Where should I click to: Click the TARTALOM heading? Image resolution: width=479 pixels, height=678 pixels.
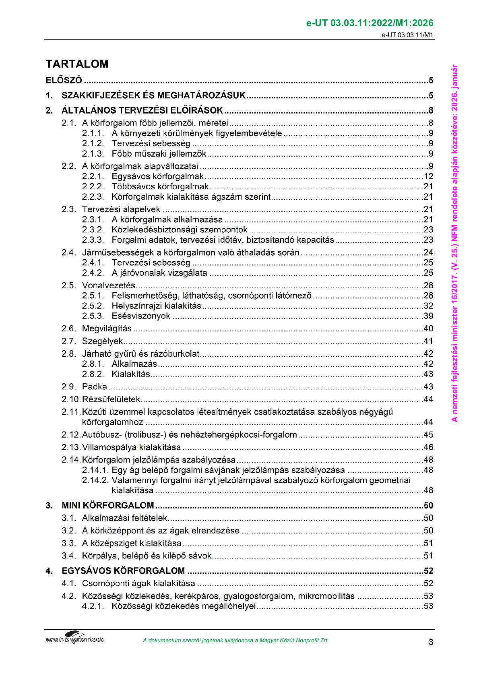(x=77, y=64)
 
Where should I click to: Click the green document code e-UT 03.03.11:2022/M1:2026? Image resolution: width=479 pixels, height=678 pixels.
(x=370, y=23)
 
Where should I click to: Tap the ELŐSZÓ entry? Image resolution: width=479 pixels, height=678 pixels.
(x=64, y=80)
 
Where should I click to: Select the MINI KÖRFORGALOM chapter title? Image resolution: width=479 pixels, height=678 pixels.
(x=108, y=505)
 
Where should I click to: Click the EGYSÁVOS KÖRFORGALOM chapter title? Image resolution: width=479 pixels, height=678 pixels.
(x=123, y=571)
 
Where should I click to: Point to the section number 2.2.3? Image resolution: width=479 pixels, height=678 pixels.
(x=93, y=197)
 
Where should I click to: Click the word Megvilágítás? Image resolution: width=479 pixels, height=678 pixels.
(x=107, y=329)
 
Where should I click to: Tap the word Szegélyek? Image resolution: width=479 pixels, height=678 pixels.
(x=102, y=341)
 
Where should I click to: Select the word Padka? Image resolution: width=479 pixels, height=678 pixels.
(x=95, y=387)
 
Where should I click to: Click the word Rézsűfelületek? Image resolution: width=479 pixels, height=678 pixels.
(x=111, y=399)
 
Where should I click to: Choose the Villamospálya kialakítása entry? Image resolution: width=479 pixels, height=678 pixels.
(x=131, y=447)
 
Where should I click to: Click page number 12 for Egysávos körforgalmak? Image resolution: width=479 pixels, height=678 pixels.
(x=428, y=176)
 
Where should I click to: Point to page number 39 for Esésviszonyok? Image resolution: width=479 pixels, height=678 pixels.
(x=428, y=316)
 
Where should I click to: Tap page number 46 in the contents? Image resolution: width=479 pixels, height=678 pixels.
(x=428, y=447)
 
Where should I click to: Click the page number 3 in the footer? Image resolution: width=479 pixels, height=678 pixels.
(x=431, y=642)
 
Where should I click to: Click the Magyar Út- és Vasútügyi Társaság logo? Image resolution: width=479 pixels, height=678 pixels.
(x=75, y=638)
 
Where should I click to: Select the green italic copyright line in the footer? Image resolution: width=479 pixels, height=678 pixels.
(x=235, y=641)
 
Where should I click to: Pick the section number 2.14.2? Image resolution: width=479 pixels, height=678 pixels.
(x=95, y=480)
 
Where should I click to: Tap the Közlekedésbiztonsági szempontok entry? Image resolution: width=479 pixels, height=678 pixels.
(x=180, y=229)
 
